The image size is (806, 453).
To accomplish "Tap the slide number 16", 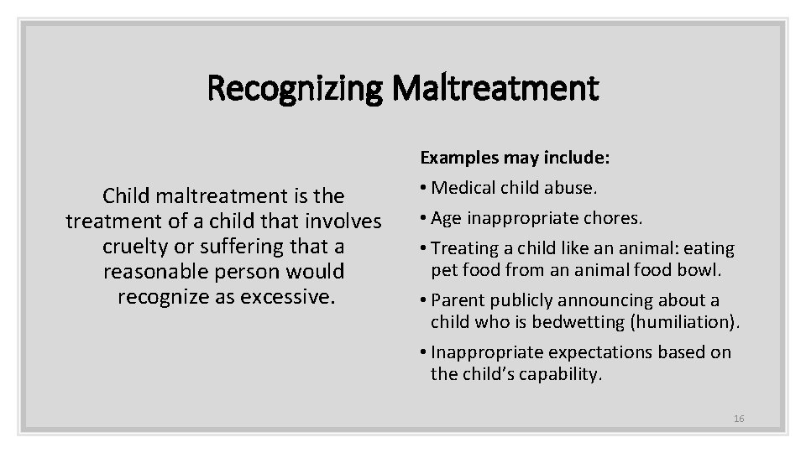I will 739,418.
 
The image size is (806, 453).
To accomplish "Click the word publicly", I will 522,300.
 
